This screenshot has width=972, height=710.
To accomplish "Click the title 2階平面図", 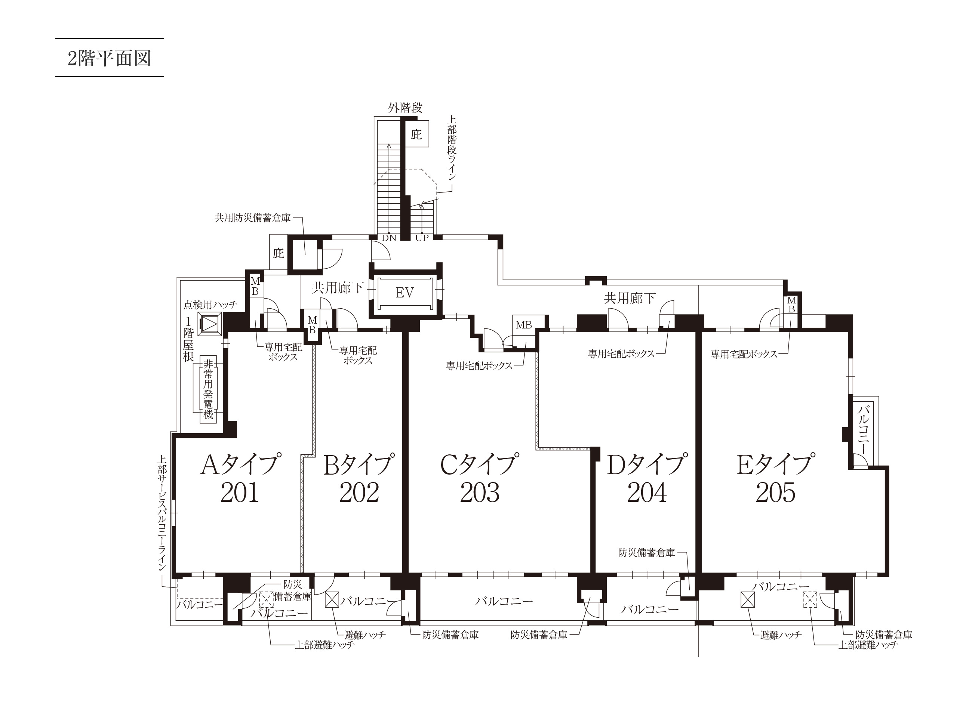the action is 109,58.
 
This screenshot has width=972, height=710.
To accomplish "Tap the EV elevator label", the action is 405,293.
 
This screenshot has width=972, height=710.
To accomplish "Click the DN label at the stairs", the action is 389,238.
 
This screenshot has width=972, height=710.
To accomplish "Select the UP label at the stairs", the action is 422,238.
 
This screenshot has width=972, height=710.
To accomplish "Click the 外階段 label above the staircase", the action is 405,108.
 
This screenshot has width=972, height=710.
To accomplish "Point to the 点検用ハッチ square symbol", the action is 210,324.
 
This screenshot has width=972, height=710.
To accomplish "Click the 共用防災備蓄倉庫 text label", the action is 253,218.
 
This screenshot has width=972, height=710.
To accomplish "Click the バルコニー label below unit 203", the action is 504,601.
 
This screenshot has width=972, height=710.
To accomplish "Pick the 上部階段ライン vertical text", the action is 452,151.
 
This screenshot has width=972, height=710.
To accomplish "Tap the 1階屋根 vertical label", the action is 189,339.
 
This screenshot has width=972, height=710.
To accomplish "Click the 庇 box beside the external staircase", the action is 416,135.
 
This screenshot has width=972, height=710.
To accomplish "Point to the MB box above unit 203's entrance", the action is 524,325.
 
